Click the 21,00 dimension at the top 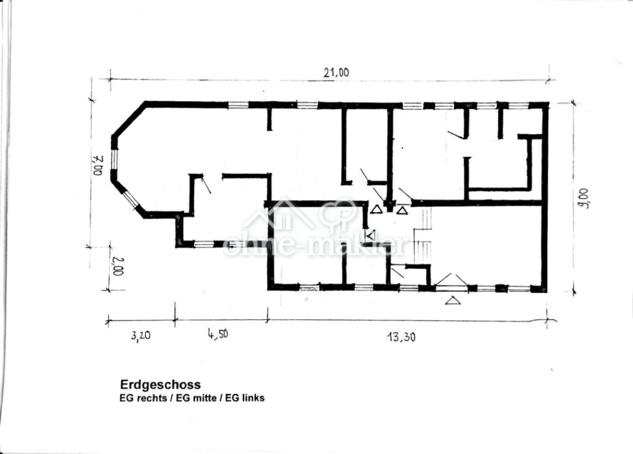[336, 73]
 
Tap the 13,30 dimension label [401, 336]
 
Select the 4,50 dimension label [218, 334]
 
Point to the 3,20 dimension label [141, 336]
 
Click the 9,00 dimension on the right [583, 199]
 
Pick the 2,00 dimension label [118, 266]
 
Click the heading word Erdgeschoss [160, 384]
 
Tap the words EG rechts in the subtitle [143, 398]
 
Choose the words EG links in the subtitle [245, 398]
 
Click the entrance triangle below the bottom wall [453, 300]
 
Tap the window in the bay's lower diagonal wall [130, 200]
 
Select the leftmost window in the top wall [238, 105]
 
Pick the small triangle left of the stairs [371, 235]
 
